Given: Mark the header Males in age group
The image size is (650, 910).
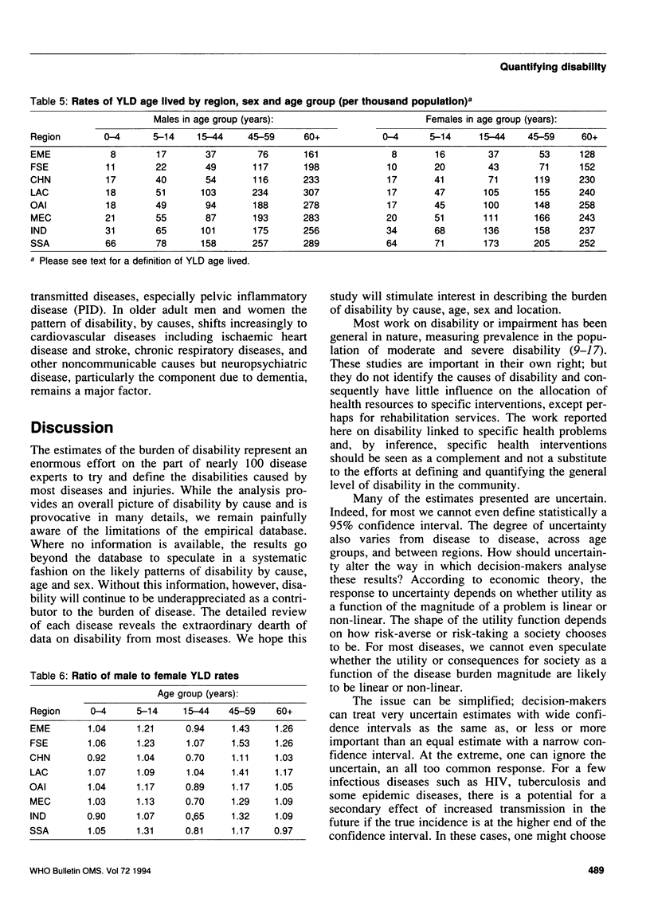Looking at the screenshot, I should (215, 119).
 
